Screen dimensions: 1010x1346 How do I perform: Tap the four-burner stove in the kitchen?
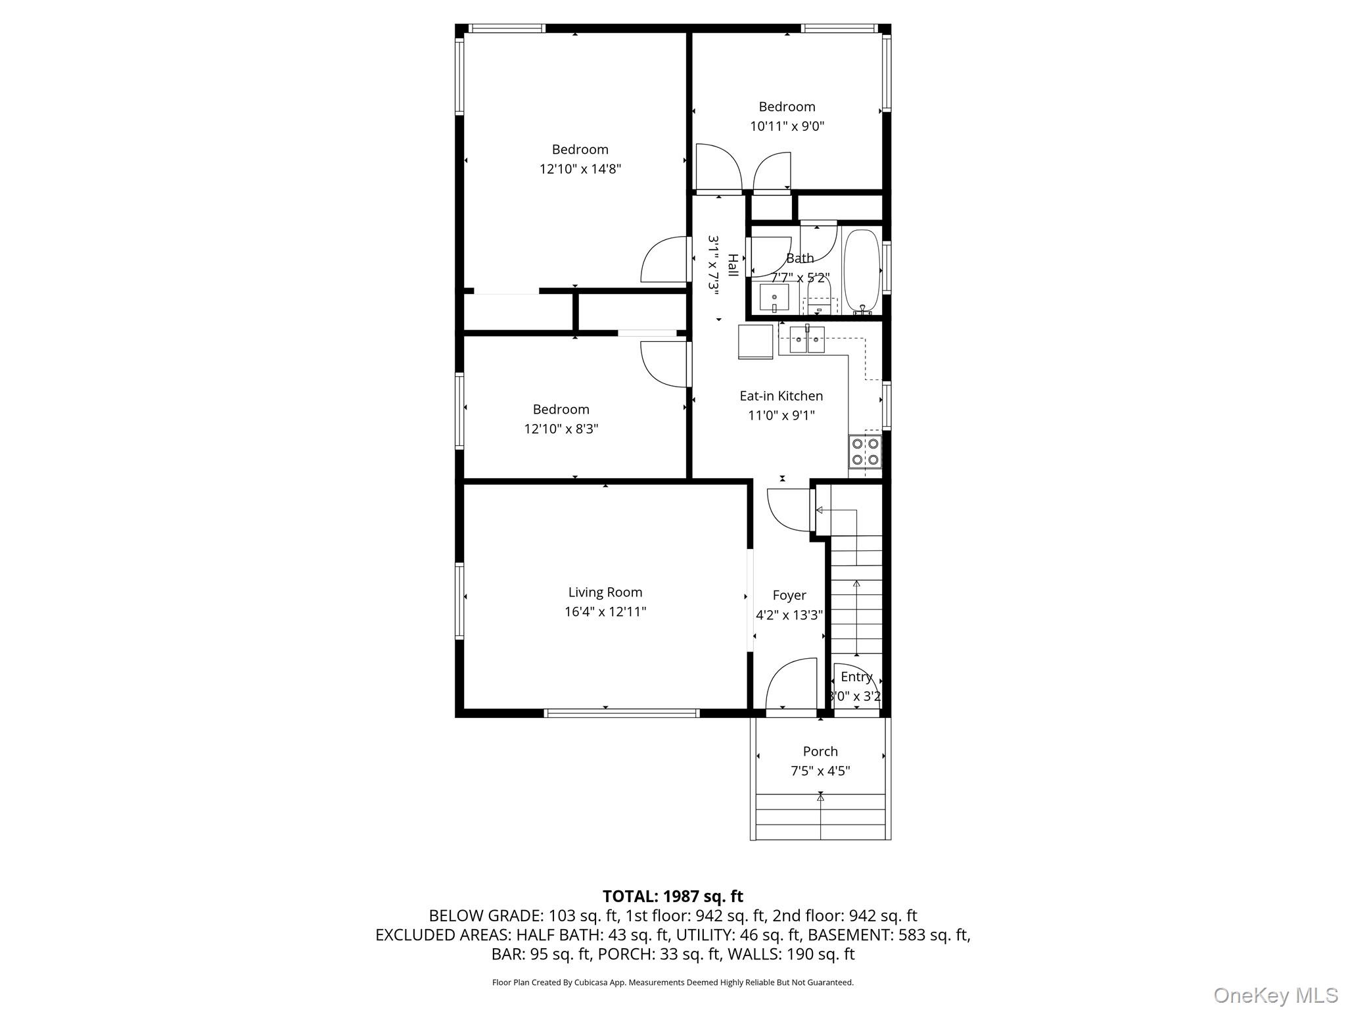(865, 451)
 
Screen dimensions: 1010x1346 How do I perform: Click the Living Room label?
(605, 592)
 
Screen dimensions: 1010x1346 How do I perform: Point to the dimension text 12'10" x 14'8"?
(580, 169)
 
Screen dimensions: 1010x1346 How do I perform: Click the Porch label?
(820, 752)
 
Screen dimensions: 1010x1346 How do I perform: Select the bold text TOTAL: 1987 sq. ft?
(672, 896)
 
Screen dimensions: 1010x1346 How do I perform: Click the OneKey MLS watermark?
(1275, 995)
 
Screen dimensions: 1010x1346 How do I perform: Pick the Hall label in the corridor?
(732, 266)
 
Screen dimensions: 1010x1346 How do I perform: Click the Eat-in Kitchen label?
(781, 396)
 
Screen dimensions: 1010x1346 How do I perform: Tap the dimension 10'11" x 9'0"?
(787, 126)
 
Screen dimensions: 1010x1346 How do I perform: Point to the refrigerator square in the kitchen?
(756, 342)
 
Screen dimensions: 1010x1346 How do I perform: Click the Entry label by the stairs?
(856, 677)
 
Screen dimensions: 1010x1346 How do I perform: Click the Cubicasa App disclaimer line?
(672, 982)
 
